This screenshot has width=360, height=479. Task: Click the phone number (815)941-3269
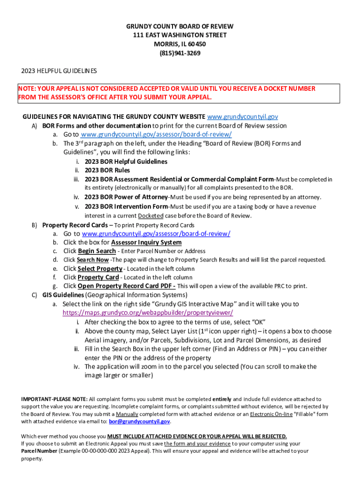[x=180, y=53]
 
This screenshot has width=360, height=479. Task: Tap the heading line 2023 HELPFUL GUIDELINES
[x=59, y=71]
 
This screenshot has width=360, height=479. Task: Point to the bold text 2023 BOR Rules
[x=107, y=170]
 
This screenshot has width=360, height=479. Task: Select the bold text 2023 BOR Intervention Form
[x=126, y=206]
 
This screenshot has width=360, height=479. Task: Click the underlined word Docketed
[x=151, y=216]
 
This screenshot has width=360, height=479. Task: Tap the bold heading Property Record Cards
[x=75, y=225]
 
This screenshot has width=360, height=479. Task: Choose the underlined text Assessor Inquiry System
[x=146, y=242]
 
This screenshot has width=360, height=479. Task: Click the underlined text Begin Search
[x=97, y=251]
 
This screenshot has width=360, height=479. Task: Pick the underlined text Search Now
[x=93, y=260]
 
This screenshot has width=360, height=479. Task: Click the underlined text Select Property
[x=100, y=269]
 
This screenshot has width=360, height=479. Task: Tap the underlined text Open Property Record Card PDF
[x=126, y=286]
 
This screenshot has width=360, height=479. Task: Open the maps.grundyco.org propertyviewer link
[x=148, y=312]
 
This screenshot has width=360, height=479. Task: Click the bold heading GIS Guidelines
[x=63, y=295]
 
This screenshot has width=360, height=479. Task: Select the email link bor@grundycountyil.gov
[x=139, y=421]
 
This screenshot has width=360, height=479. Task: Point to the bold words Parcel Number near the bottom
[x=39, y=451]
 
